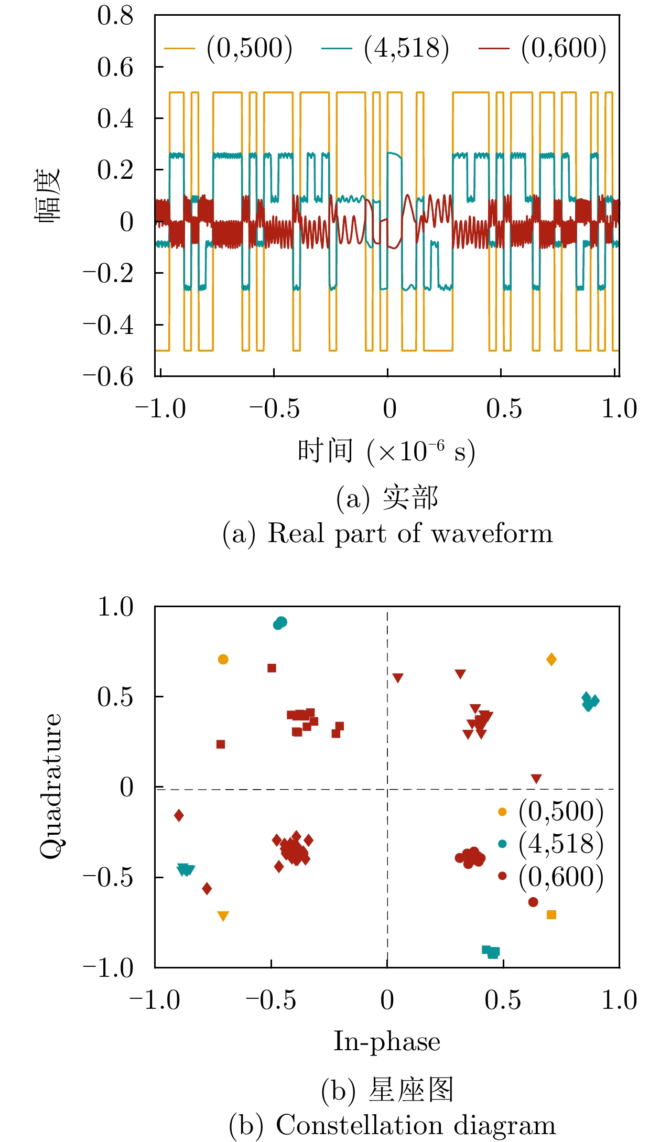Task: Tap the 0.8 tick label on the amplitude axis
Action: coord(115,16)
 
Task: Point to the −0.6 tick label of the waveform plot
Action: coord(109,376)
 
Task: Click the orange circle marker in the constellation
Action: coord(223,660)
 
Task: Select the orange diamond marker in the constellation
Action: coord(551,660)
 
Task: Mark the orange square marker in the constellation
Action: coord(551,915)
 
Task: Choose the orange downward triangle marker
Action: coord(223,916)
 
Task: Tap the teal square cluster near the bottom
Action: coord(491,952)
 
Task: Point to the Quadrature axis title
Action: coord(51,787)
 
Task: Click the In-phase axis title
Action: coord(387,1041)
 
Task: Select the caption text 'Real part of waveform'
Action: coord(410,534)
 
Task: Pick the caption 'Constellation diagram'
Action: coord(415,1125)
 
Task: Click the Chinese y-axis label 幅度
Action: coord(48,195)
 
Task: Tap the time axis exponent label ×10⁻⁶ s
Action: coord(421,451)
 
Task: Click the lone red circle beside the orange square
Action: coord(533,902)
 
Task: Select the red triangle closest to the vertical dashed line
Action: coord(398,678)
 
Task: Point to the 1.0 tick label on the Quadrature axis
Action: coord(115,607)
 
